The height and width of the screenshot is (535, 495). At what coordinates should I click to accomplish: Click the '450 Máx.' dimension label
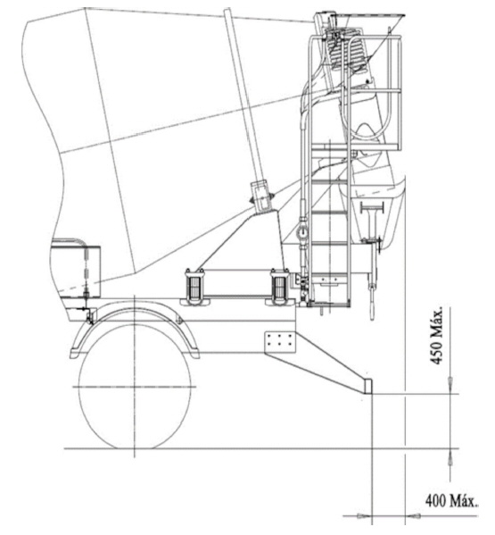[x=437, y=337]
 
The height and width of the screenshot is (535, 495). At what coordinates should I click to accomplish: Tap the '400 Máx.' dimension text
[x=451, y=501]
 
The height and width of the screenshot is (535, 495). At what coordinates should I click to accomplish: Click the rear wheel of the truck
[x=135, y=387]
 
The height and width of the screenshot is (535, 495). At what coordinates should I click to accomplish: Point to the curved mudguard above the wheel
[x=135, y=313]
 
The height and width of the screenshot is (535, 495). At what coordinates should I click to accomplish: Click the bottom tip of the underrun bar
[x=368, y=393]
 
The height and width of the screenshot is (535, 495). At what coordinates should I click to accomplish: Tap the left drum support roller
[x=194, y=286]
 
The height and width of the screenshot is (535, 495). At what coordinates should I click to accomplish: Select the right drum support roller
[x=280, y=286]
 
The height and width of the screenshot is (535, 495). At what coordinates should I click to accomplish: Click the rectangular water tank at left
[x=76, y=270]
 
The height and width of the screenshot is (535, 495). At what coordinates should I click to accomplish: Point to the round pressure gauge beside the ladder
[x=302, y=233]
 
